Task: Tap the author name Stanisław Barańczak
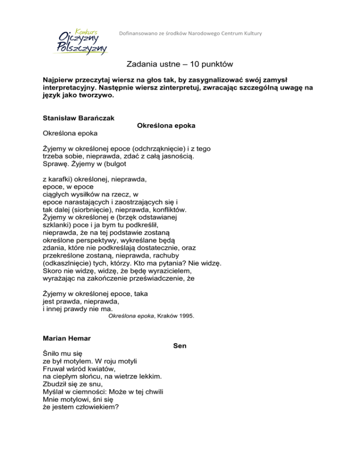pyautogui.click(x=77, y=118)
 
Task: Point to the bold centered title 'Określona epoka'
pyautogui.click(x=165, y=126)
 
